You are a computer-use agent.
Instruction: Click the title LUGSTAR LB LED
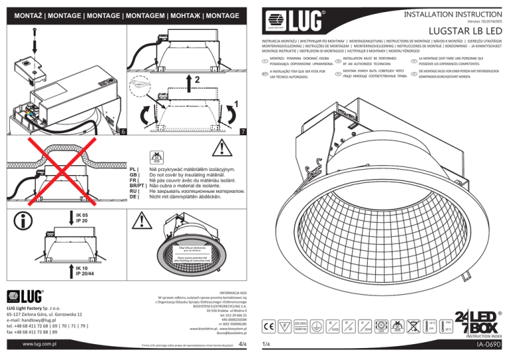click(x=462, y=30)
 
